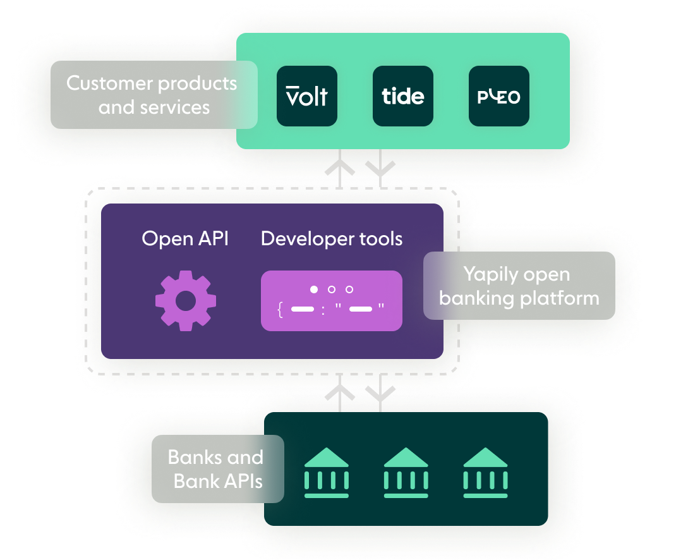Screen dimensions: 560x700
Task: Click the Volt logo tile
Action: pos(307,96)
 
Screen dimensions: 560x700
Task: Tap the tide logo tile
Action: pos(403,96)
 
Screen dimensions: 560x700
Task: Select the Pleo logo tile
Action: pos(499,96)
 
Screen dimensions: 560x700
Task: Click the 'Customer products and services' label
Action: pos(154,95)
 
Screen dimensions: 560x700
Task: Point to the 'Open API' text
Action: pos(185,238)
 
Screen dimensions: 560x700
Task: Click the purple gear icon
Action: pos(186,301)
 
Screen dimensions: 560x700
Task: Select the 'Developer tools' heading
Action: pos(332,238)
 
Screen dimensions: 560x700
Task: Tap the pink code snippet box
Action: pos(332,300)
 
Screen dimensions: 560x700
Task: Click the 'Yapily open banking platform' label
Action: pos(519,286)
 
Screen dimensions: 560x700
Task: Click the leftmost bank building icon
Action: pos(326,473)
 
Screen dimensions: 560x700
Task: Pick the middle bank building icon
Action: pos(406,473)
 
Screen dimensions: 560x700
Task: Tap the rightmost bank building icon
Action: pos(485,473)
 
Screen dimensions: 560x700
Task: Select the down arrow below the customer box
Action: pos(380,168)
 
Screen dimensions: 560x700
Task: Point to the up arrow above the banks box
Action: pos(340,393)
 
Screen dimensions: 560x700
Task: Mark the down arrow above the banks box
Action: pos(380,393)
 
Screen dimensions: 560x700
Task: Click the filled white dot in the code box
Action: pos(314,289)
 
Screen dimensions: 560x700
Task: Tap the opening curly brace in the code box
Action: pos(279,310)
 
